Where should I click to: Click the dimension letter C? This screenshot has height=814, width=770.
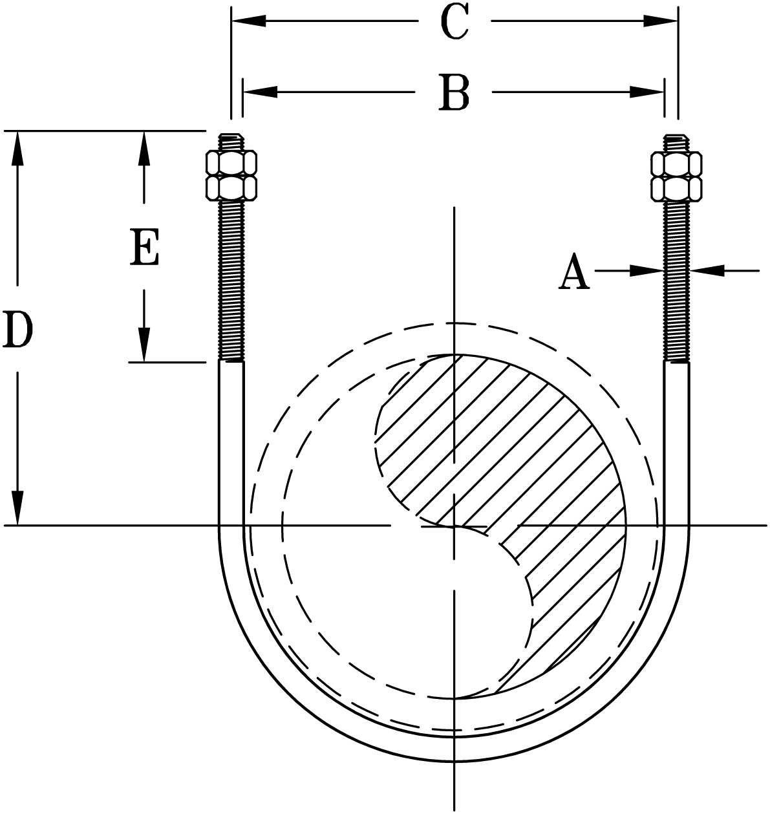point(454,23)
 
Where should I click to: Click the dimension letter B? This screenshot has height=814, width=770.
point(454,93)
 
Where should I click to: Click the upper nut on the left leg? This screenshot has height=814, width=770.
point(231,163)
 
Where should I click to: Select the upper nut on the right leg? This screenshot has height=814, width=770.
point(676,164)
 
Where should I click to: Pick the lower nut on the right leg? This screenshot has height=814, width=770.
point(676,187)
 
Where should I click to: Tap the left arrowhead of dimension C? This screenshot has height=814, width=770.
point(248,21)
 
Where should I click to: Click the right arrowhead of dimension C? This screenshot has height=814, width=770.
point(661,21)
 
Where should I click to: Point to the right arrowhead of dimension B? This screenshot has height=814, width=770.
point(648,92)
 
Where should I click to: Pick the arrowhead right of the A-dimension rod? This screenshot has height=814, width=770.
point(706,271)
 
